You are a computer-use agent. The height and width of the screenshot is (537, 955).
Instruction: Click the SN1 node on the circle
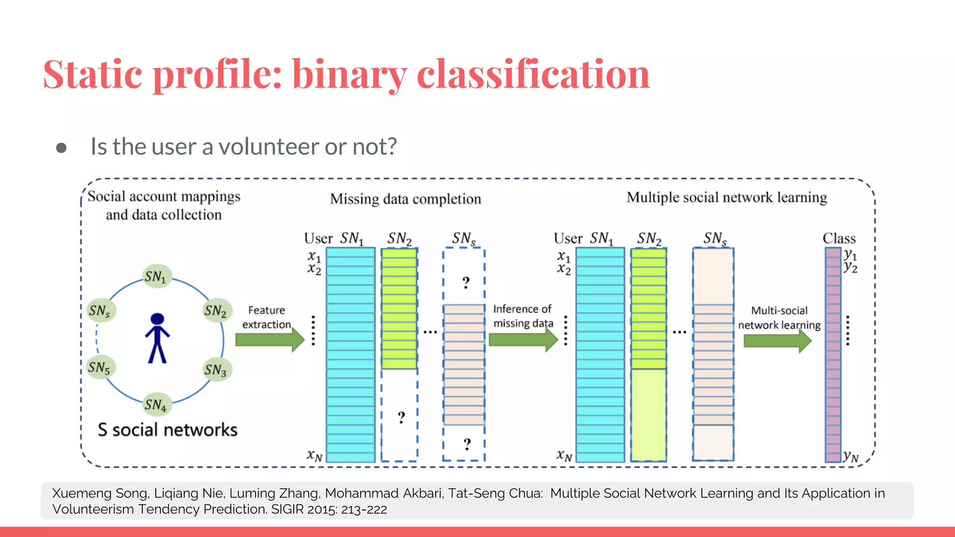156,276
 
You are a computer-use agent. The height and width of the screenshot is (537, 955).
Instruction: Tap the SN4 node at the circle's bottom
156,405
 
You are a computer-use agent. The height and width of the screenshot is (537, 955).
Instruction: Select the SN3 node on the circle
215,370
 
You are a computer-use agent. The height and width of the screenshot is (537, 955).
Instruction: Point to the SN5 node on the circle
99,367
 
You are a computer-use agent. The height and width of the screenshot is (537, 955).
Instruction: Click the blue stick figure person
157,338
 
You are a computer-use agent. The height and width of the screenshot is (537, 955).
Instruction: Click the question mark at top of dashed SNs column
465,282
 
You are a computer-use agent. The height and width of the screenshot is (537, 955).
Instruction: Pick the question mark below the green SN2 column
401,417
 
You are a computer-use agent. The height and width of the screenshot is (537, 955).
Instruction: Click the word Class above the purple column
839,239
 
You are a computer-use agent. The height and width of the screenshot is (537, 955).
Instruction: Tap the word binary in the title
349,75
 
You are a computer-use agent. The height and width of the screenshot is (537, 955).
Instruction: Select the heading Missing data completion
405,199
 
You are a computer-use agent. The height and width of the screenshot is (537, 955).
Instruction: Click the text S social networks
167,429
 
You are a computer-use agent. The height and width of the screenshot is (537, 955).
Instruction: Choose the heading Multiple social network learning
727,198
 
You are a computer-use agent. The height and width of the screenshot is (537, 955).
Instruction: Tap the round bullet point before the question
61,148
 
